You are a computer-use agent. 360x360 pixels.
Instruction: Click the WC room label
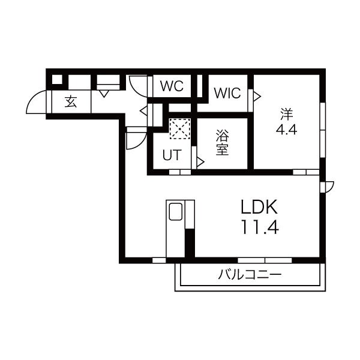point(172,86)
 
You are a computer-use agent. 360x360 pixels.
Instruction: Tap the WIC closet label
point(227,93)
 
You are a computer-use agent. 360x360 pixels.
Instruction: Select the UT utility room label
point(172,155)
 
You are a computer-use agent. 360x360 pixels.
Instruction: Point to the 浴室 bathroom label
point(222,143)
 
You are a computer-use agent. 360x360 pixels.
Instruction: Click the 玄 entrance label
point(71,102)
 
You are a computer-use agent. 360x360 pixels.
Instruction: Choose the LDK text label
point(259,207)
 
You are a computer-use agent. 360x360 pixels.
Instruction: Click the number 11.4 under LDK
point(260,227)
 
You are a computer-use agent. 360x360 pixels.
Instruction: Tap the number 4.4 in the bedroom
point(286,130)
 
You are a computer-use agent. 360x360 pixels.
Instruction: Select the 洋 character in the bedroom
point(287,114)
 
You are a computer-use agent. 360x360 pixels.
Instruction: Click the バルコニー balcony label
point(250,275)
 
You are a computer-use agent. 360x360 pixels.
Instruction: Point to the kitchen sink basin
point(176,211)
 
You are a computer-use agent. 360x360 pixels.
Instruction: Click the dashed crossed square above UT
point(180,128)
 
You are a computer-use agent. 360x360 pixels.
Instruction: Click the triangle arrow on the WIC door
point(257,97)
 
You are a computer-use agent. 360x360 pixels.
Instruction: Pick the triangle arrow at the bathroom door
point(200,162)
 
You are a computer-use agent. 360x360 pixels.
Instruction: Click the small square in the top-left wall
point(57,79)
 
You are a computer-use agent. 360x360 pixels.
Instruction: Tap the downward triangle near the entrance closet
point(104,94)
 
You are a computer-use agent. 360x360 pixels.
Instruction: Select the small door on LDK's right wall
point(327,187)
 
